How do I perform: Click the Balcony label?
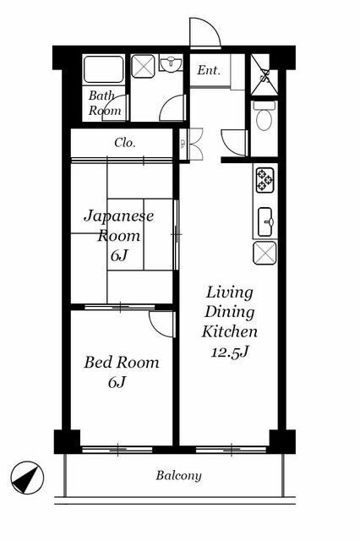[178, 475]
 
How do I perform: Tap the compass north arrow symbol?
[27, 478]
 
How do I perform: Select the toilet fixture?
[265, 116]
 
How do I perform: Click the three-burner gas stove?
[265, 180]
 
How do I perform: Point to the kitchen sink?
[265, 221]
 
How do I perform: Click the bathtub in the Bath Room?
[103, 69]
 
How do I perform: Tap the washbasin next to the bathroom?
[171, 64]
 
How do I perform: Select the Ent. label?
[209, 70]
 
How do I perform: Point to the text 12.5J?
[230, 352]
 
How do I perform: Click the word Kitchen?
[230, 331]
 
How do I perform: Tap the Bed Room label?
[122, 363]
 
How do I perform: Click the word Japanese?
[119, 216]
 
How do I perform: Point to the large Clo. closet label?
[125, 143]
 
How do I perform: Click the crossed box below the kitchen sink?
[265, 253]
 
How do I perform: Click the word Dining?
[230, 312]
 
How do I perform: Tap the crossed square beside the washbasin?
[143, 66]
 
